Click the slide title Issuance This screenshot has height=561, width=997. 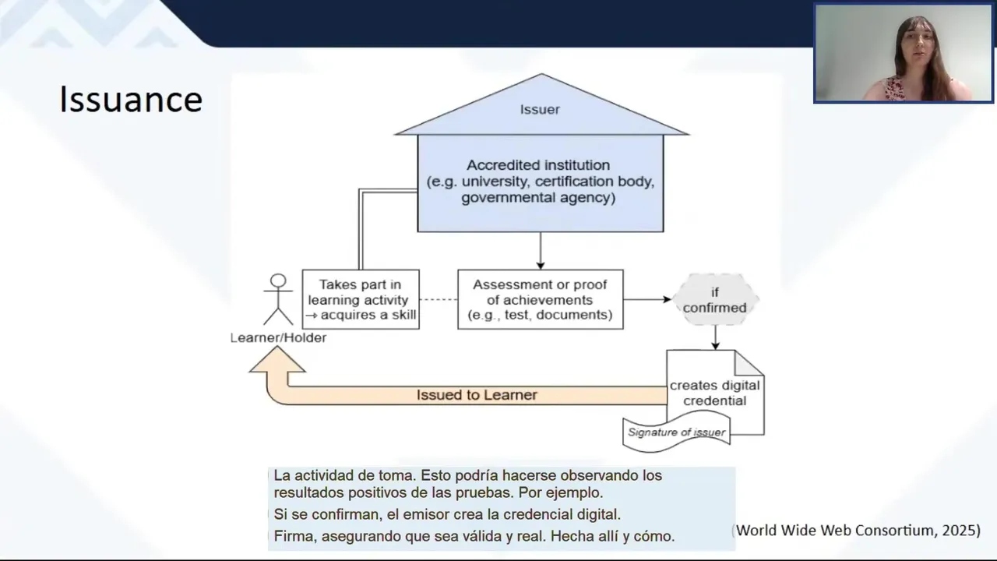point(131,100)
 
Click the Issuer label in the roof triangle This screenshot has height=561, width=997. point(540,110)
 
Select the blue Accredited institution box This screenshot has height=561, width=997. point(540,182)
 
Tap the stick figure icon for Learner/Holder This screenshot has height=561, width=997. point(277,299)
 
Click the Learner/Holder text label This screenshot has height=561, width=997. point(278,338)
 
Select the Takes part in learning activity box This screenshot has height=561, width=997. point(361,300)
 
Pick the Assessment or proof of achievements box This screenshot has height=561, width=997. point(540,300)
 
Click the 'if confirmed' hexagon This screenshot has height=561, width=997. point(714,300)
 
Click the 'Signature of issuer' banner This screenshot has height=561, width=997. point(676,432)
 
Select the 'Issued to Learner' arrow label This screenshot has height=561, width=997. point(477,395)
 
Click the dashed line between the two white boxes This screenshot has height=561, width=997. point(439,300)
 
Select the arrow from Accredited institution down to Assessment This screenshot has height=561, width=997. point(540,251)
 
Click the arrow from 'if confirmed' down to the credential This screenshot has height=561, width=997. point(715,337)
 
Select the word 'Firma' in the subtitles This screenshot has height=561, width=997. point(291,536)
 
